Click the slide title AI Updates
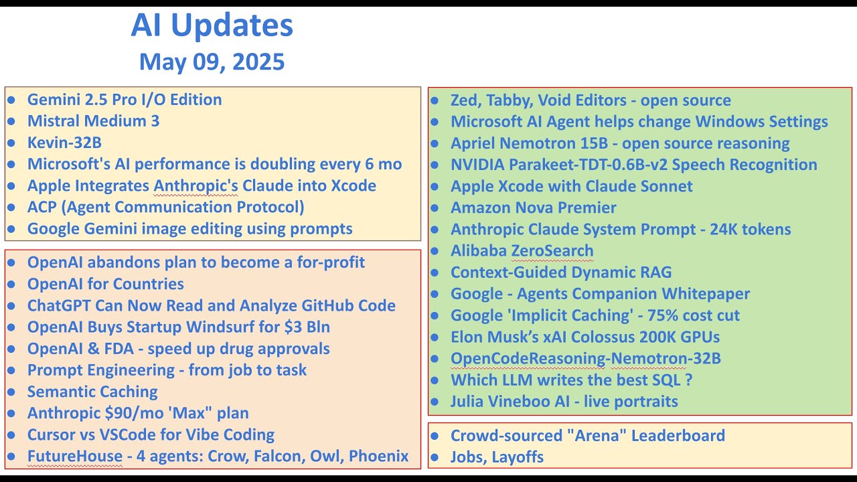(212, 25)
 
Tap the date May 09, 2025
(212, 62)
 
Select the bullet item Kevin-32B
(64, 143)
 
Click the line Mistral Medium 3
(93, 121)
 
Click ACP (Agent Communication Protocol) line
(165, 207)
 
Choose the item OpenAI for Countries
(106, 284)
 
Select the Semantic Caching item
(92, 392)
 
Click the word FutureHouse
(75, 456)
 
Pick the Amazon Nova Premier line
(534, 208)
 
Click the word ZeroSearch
(552, 251)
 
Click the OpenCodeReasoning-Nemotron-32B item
(586, 358)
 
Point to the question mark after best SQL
(689, 380)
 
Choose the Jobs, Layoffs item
(497, 457)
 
